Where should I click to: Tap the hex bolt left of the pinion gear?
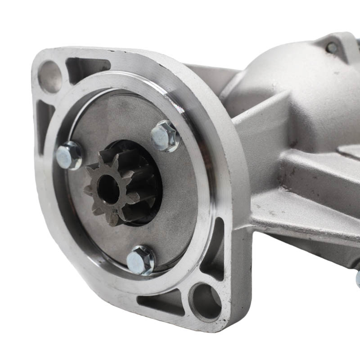pos(69,155)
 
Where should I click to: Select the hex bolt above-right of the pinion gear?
pos(165,135)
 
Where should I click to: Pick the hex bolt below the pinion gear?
pos(140,260)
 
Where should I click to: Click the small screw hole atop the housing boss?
pos(332,47)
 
